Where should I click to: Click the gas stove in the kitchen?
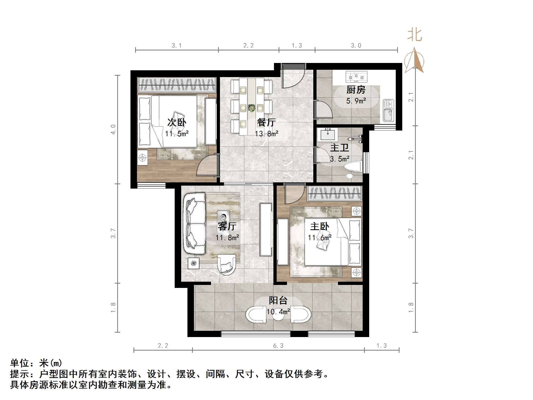[x=356, y=77]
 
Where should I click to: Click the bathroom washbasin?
[x=328, y=135]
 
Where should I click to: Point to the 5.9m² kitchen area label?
[x=356, y=101]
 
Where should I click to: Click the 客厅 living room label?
[x=227, y=226]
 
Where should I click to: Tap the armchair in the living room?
[x=226, y=264]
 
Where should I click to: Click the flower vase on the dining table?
[x=251, y=108]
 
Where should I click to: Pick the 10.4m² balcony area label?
[x=278, y=312]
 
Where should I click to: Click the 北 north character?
[x=414, y=35]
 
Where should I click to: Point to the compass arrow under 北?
[x=414, y=61]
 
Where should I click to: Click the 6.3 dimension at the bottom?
[x=278, y=345]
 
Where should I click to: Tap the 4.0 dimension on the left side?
[x=113, y=129]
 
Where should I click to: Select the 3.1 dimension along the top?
[x=176, y=46]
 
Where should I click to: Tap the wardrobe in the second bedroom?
[x=177, y=85]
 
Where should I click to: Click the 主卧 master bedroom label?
[x=320, y=226]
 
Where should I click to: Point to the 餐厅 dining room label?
[x=266, y=122]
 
